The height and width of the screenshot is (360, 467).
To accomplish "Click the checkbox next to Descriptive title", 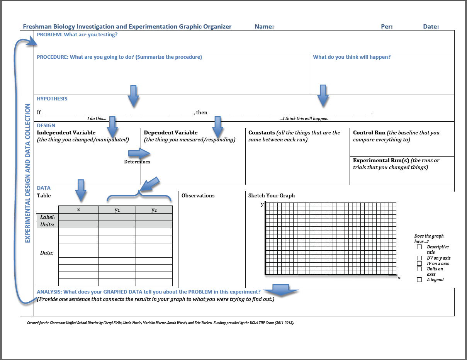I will [x=419, y=247].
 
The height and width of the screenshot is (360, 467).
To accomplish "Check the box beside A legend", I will [x=419, y=280].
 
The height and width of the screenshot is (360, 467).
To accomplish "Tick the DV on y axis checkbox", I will [x=419, y=258].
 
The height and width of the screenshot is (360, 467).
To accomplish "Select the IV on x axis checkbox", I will [x=419, y=263].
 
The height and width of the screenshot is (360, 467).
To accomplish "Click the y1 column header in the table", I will [x=117, y=210].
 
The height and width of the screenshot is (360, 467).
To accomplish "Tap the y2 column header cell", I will [x=154, y=210].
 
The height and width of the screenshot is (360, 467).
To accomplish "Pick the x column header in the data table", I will [x=78, y=210].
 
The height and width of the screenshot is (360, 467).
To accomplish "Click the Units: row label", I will [x=48, y=224].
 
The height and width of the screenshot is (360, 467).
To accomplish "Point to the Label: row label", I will [x=48, y=217].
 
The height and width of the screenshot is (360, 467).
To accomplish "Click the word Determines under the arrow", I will [x=137, y=162].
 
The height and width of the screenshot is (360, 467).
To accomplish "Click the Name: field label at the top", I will [x=264, y=27].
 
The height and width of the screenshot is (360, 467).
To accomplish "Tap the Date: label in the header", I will [x=431, y=27].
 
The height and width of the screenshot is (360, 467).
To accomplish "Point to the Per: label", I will [x=387, y=27].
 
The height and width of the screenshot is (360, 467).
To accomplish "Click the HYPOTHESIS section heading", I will [x=52, y=99].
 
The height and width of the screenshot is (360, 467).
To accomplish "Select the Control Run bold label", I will [x=369, y=132].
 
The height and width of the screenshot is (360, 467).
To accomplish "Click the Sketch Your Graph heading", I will [x=272, y=195].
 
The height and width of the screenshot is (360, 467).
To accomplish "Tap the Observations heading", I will [x=198, y=195].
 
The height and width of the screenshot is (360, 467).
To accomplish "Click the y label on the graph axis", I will [x=262, y=204].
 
